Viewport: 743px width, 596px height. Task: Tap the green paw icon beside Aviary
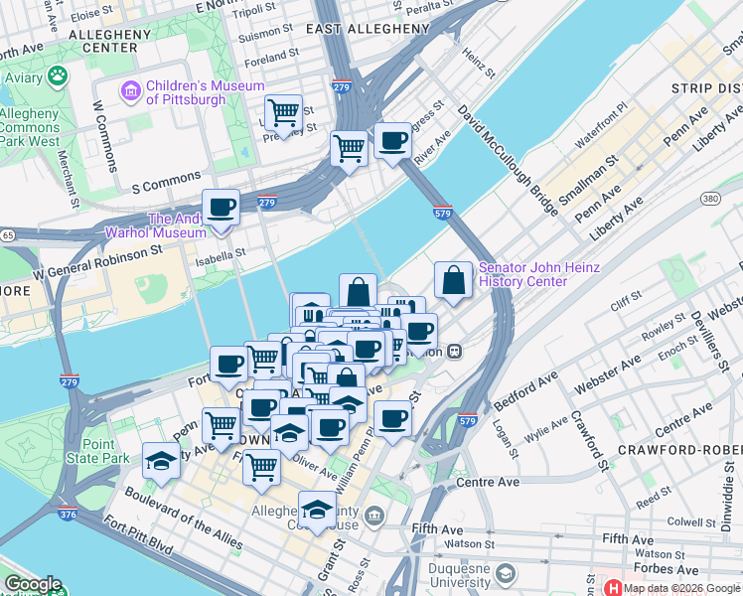(x=60, y=75)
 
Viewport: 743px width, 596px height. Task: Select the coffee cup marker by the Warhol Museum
(x=221, y=209)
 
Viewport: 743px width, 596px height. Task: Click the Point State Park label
(x=105, y=452)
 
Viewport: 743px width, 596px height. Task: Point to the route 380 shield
(x=709, y=199)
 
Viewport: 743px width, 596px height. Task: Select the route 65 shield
(x=7, y=235)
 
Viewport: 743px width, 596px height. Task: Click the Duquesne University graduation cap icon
(x=507, y=574)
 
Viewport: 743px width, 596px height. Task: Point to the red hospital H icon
(x=611, y=588)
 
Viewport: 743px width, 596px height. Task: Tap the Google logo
(x=32, y=584)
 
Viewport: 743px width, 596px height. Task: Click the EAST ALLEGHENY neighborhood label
(x=368, y=29)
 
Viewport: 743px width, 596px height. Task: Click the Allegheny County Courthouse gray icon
(x=374, y=515)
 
